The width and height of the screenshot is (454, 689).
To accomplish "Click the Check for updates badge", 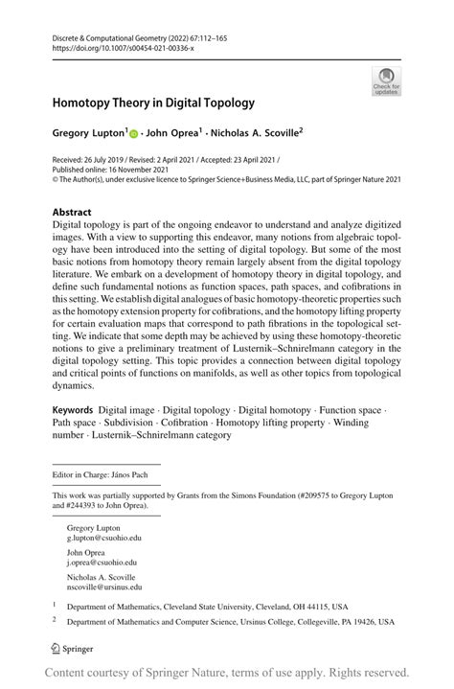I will pyautogui.click(x=386, y=80).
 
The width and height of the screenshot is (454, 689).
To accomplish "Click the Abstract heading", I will pyautogui.click(x=72, y=212).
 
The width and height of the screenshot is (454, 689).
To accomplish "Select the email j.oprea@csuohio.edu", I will pyautogui.click(x=102, y=563).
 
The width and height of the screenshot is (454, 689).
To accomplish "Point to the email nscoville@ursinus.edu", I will pyautogui.click(x=104, y=586).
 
